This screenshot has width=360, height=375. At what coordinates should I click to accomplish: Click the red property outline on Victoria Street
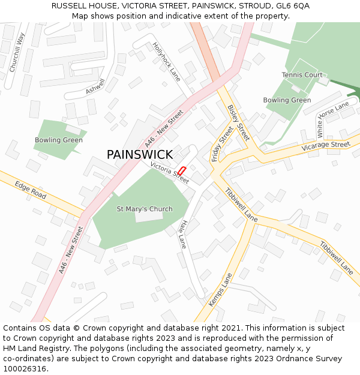[182, 170]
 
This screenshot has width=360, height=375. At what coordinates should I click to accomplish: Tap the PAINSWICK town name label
[140, 154]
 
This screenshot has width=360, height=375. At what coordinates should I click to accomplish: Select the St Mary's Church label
[144, 209]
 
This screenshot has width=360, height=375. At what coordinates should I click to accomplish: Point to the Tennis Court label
[302, 75]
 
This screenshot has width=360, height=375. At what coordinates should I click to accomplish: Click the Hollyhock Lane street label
[166, 61]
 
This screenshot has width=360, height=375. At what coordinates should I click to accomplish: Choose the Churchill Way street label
[17, 52]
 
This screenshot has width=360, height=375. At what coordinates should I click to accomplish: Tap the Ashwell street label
[95, 87]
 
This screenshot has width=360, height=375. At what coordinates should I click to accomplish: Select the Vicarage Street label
[325, 145]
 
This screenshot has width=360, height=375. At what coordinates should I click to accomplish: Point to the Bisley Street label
[238, 123]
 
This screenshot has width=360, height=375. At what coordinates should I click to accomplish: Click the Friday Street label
[222, 144]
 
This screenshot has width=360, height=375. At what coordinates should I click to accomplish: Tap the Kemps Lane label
[220, 290]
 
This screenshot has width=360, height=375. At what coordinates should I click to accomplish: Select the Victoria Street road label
[169, 172]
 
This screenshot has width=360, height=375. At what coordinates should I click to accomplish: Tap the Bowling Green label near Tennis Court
[287, 100]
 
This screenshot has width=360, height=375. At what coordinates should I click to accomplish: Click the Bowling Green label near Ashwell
[58, 140]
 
